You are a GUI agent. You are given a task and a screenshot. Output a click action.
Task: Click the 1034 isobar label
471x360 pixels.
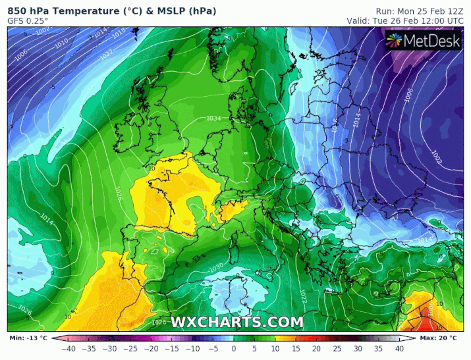pos(213,118)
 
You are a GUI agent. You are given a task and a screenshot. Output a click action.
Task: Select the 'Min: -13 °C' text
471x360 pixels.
pos(28,338)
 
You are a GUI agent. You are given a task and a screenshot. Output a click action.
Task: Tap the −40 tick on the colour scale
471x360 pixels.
pos(68,349)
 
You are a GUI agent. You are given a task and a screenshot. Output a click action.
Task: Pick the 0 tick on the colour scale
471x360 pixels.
pos(234,349)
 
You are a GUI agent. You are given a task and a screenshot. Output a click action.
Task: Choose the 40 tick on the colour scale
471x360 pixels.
pos(399,349)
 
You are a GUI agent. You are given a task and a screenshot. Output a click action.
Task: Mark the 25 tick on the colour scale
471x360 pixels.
pos(337,349)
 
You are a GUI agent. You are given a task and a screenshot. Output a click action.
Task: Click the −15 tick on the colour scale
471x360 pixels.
pos(171,349)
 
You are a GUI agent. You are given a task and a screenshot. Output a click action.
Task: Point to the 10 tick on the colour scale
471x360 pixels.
pos(275,349)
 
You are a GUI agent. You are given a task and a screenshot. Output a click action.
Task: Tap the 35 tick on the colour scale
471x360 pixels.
pos(379,349)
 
